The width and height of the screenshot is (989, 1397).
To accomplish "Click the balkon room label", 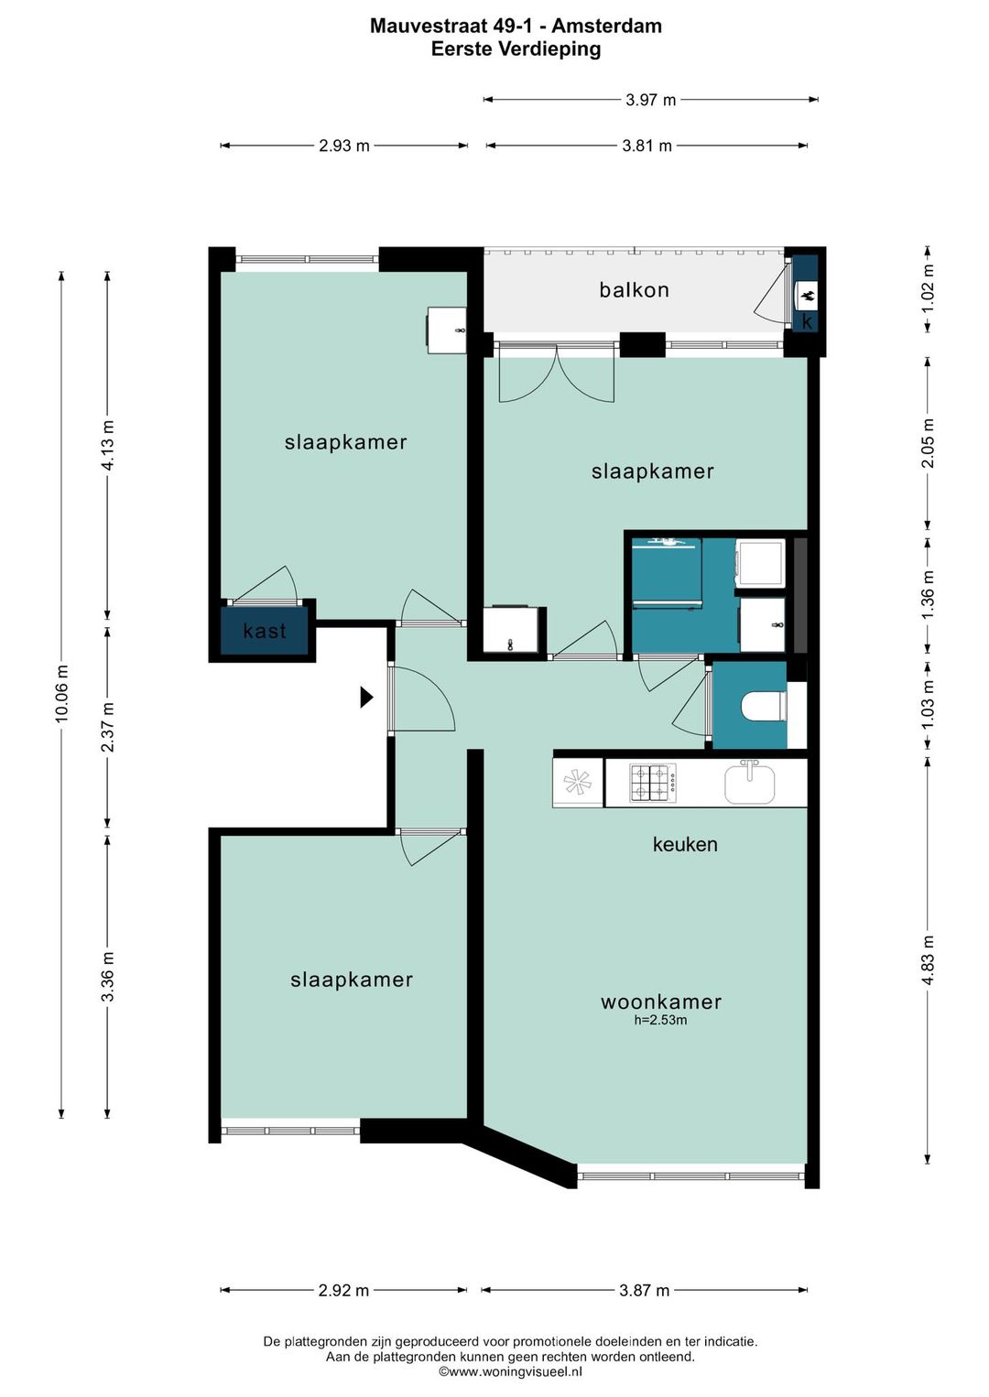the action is click(x=634, y=290).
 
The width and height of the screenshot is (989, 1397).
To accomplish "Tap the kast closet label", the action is click(x=265, y=631).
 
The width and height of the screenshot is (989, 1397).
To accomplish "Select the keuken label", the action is click(x=685, y=844).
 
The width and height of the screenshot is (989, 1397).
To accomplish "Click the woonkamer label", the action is click(x=661, y=1002).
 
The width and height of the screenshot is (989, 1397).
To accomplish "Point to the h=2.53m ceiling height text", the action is click(x=661, y=1021).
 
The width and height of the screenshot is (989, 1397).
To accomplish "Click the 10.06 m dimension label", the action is click(x=61, y=694).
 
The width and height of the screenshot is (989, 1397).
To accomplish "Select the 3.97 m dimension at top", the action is click(x=651, y=100).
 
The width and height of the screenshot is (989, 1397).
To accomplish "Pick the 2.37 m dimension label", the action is click(x=108, y=727).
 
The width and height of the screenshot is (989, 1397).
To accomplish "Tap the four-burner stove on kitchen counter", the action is click(x=653, y=784).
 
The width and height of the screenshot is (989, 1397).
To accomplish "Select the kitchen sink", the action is click(x=749, y=783).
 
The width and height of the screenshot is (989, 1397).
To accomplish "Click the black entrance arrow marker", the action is click(x=367, y=698).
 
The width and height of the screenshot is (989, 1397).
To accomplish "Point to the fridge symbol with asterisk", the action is click(x=577, y=784).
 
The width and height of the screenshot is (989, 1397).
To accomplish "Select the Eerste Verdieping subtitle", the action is click(x=516, y=49).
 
